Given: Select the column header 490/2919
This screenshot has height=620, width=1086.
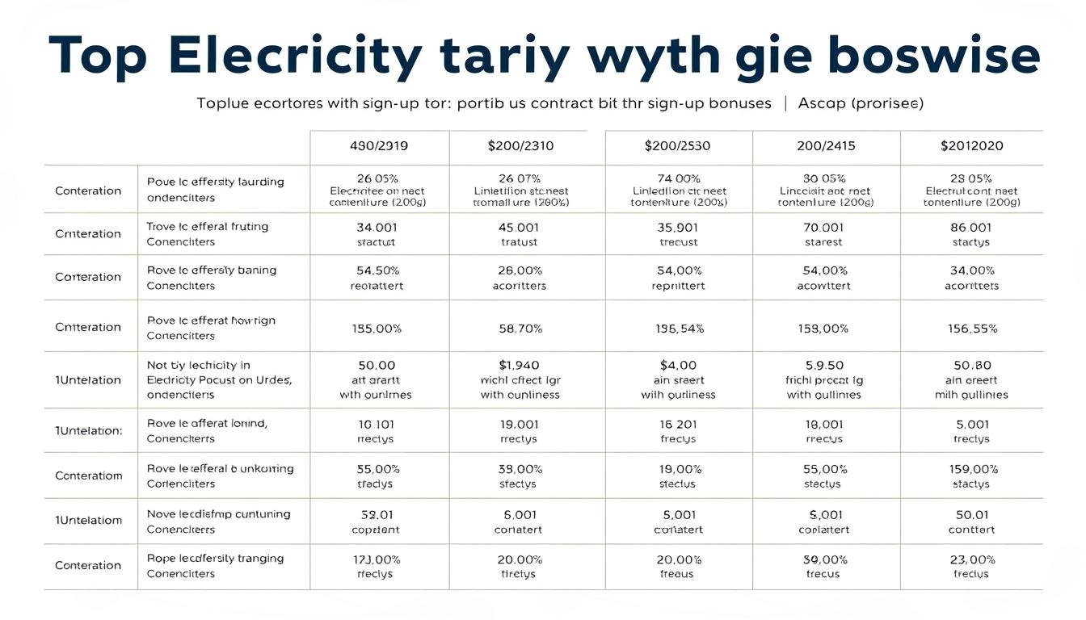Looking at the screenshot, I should (x=379, y=146).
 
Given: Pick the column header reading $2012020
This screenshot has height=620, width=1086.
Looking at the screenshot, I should (x=971, y=146).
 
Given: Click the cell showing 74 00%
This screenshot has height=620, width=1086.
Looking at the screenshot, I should (x=678, y=178).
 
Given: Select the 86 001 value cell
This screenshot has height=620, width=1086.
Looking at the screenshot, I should (x=970, y=228).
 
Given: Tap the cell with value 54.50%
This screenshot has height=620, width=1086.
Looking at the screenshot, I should (x=377, y=270).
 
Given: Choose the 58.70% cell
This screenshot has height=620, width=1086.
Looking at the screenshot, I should (x=520, y=329).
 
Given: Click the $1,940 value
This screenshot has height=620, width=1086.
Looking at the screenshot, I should (x=519, y=365).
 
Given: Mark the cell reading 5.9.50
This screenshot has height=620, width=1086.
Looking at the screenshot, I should (x=824, y=365).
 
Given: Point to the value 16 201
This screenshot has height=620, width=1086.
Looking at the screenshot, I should (x=678, y=424).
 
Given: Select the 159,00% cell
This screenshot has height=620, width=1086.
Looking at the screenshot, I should (x=973, y=469).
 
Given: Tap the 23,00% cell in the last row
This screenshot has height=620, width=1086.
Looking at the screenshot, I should (x=971, y=559).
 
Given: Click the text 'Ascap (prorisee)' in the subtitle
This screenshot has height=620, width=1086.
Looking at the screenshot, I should (x=861, y=103).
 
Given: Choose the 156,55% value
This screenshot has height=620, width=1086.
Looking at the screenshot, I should (x=972, y=329).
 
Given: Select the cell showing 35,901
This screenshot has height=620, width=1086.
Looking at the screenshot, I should (x=678, y=228).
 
